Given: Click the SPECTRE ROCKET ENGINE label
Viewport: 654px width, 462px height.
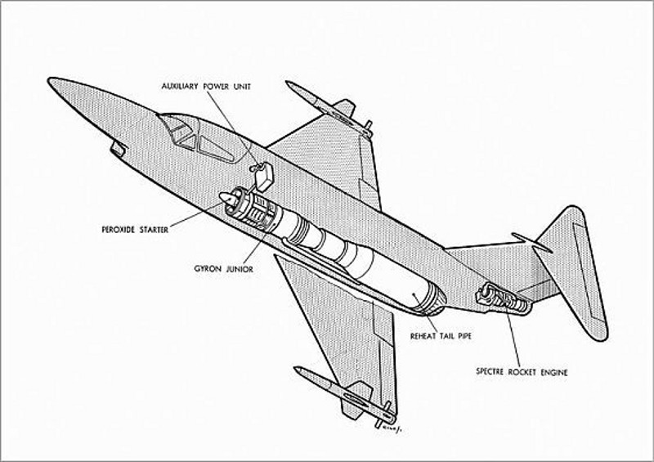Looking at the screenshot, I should [x=522, y=373].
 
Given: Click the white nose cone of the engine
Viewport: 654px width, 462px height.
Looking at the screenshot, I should [x=226, y=198].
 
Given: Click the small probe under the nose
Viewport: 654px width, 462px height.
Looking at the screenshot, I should [x=118, y=148].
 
